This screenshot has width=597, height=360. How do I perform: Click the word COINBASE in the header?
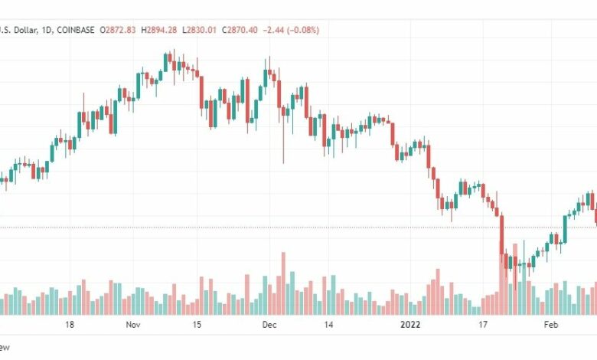click(x=75, y=30)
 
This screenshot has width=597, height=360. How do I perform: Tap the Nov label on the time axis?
click(x=133, y=325)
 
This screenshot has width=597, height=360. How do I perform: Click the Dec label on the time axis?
click(x=269, y=325)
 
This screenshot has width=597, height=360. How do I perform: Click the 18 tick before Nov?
click(x=69, y=325)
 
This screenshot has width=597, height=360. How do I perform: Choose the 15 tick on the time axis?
click(x=197, y=325)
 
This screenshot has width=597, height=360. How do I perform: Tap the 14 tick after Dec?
click(x=328, y=325)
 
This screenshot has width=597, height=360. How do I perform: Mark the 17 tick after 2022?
click(x=482, y=325)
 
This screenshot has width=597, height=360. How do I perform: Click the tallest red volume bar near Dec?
click(x=283, y=283)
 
